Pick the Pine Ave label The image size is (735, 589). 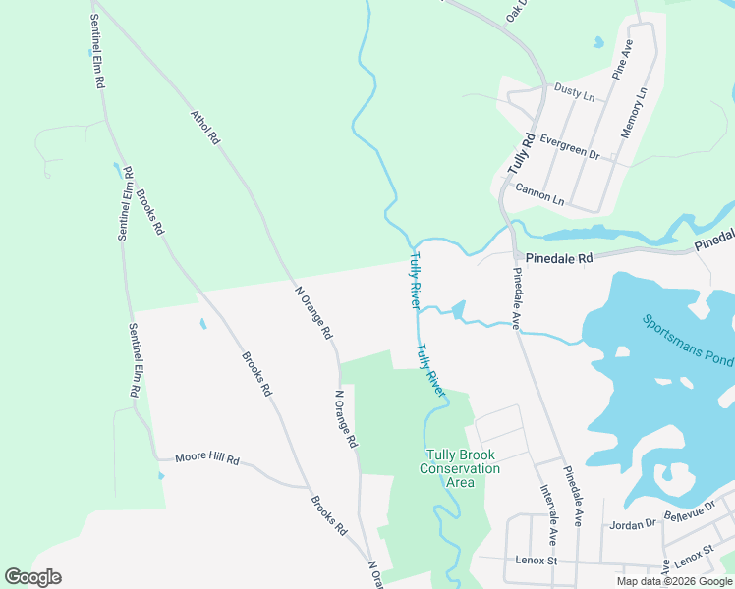(623, 59)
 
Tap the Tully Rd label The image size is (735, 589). (521, 154)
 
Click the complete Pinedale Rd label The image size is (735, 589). (559, 258)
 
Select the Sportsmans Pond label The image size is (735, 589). (687, 340)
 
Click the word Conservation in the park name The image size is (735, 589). (460, 468)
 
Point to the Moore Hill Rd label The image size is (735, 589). (207, 457)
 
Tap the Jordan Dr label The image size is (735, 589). (630, 524)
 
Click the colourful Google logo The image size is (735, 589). (32, 576)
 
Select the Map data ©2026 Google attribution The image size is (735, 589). (675, 581)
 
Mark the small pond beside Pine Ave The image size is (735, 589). (596, 43)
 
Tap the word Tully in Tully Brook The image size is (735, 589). (442, 455)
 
